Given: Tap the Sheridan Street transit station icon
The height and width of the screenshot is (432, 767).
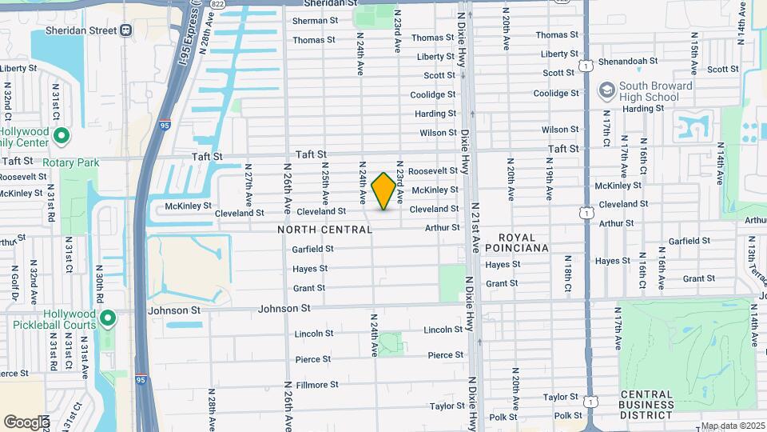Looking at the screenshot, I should pyautogui.click(x=125, y=30).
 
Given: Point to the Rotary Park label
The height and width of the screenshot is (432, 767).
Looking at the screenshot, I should pyautogui.click(x=71, y=162).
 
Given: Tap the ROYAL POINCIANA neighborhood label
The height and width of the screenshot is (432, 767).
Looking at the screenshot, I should pyautogui.click(x=523, y=242).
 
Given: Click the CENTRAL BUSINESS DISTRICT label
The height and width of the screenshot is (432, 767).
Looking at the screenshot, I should pyautogui.click(x=647, y=404).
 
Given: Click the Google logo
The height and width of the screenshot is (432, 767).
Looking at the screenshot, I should pyautogui.click(x=26, y=422).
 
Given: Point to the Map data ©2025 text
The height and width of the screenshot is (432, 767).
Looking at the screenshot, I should pyautogui.click(x=732, y=426).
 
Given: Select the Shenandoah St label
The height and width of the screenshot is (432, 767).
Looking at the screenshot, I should pyautogui.click(x=630, y=61).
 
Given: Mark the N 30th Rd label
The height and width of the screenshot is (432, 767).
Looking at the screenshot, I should pyautogui.click(x=99, y=284).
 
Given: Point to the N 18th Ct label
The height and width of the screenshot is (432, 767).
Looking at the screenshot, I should pyautogui.click(x=567, y=274).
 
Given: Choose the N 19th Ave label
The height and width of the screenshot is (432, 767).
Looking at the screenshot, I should pyautogui.click(x=549, y=183).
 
